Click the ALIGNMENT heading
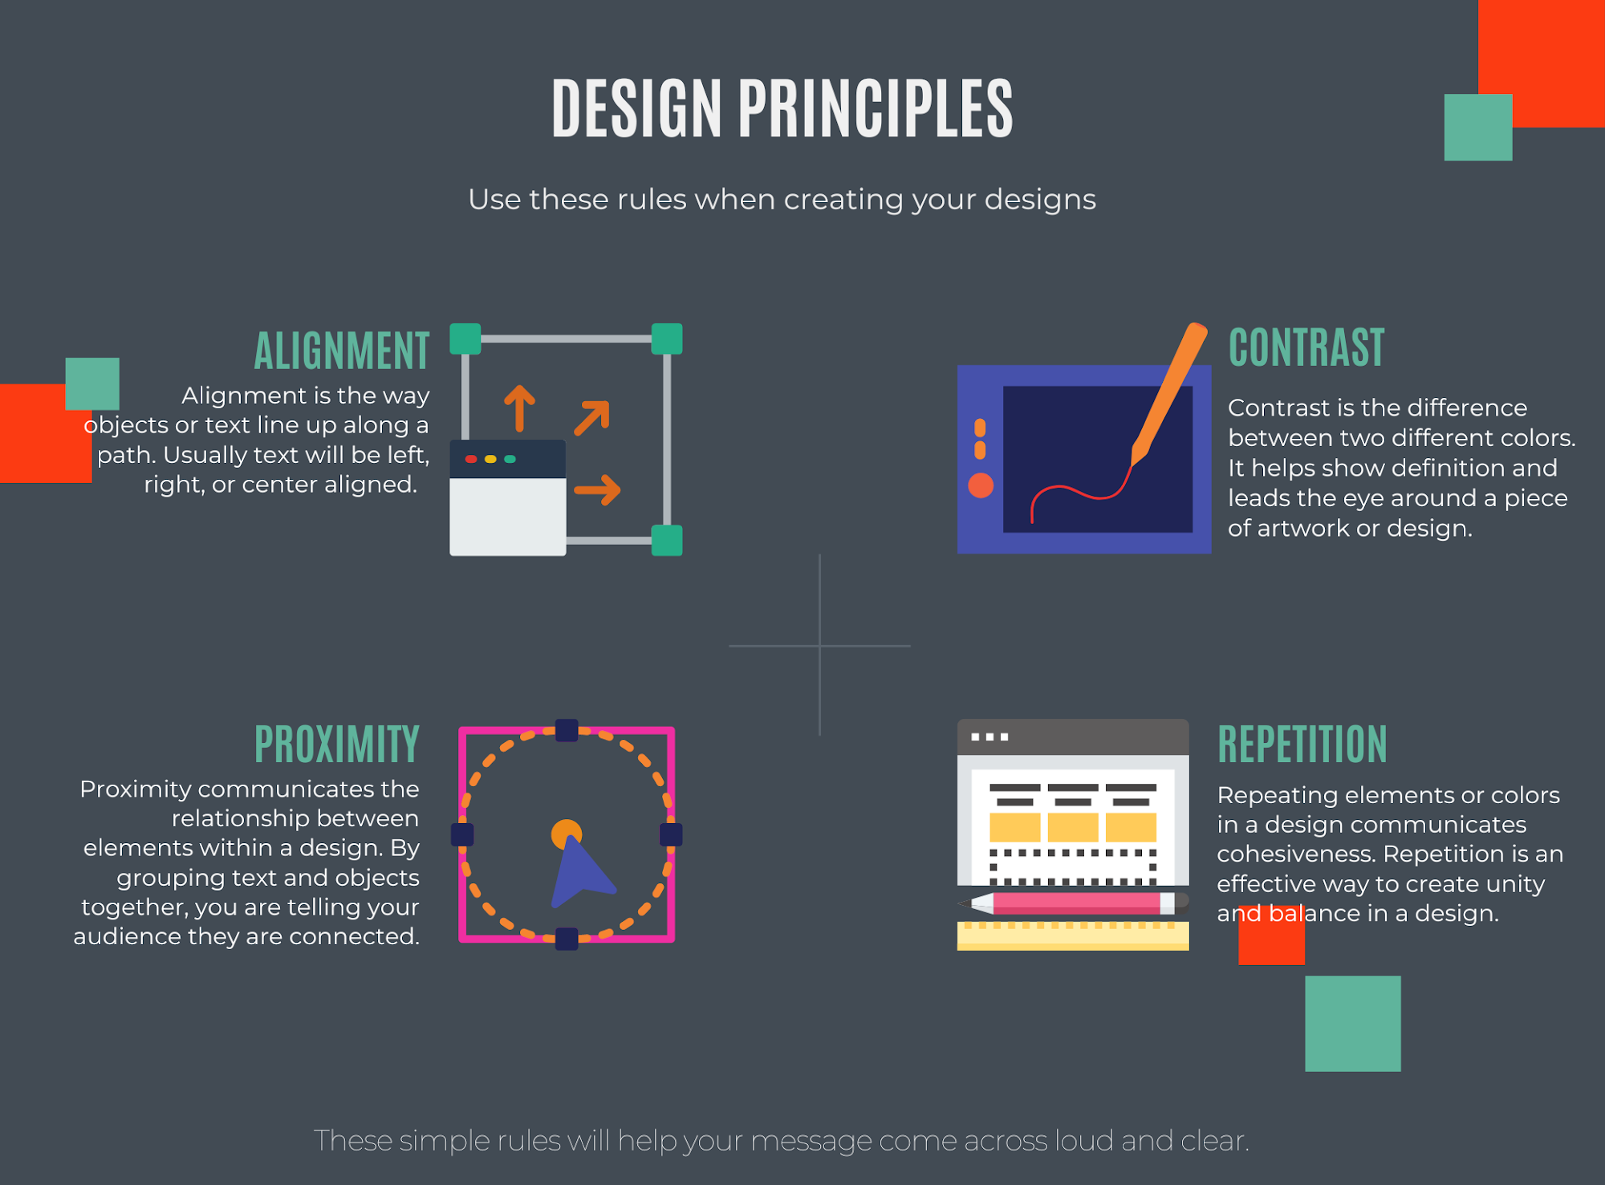point(342,351)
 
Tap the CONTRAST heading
point(1306,347)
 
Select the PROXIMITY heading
point(337,744)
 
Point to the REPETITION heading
point(1302,744)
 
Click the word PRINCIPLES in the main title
point(876,108)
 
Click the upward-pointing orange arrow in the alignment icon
point(519,408)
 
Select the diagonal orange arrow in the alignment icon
point(592,417)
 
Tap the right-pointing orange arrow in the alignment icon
point(597,490)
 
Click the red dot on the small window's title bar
point(471,459)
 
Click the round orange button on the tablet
point(981,485)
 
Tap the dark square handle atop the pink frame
point(567,730)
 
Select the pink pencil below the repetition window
point(1073,903)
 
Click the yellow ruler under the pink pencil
point(1073,936)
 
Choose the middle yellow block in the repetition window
point(1073,827)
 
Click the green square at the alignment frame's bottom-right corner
point(667,541)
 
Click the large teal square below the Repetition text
point(1353,1024)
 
